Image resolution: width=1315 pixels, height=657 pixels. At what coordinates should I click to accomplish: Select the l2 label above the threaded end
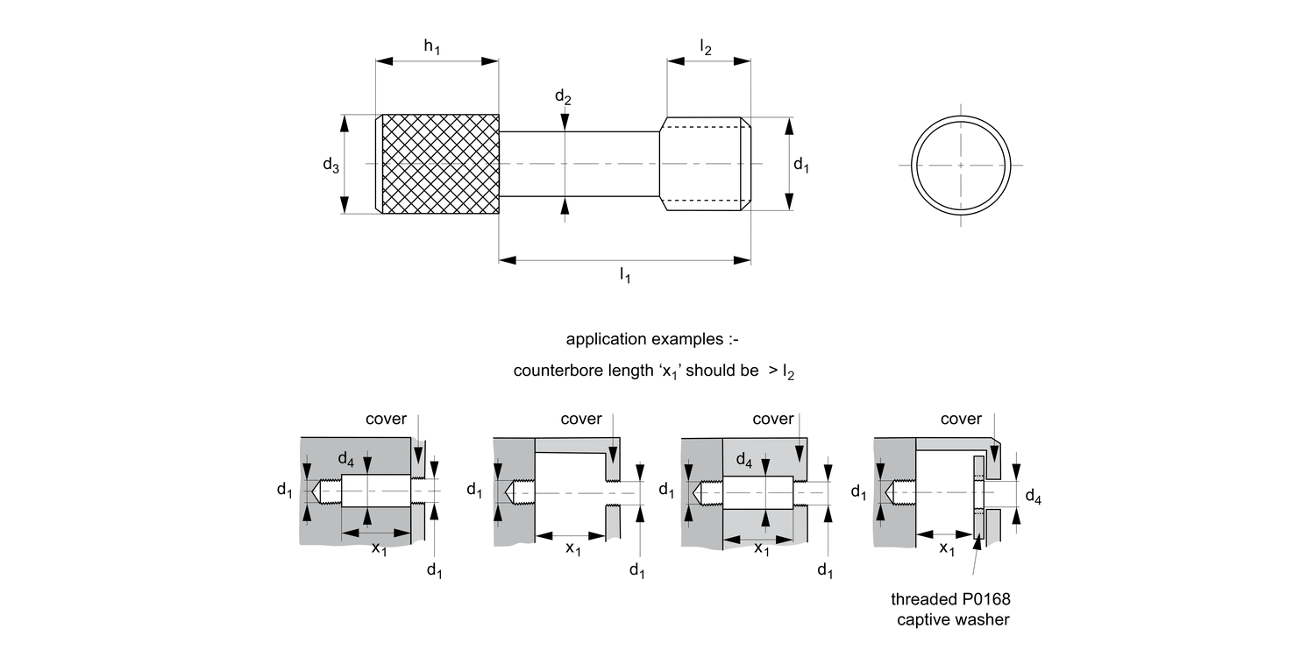706,47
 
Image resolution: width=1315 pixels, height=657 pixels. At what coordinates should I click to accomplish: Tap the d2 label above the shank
563,97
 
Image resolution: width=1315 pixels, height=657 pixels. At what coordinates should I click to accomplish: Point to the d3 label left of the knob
331,165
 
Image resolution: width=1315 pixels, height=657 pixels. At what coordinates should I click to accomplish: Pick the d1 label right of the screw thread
800,164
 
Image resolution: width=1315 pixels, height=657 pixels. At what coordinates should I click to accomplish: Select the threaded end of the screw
704,164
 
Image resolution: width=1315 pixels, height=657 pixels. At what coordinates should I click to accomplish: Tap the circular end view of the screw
960,164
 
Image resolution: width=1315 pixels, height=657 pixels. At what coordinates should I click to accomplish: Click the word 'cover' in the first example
387,419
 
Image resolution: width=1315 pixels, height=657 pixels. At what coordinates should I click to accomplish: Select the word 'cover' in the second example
581,419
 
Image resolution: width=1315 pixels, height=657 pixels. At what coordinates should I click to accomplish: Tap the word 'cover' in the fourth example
961,419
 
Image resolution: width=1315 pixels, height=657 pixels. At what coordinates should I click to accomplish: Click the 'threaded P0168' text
944,600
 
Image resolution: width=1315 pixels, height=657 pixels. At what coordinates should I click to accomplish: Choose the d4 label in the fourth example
1034,499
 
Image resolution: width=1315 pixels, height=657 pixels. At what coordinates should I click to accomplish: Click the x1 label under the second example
572,549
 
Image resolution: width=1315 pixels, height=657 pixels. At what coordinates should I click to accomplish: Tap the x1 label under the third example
762,549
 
